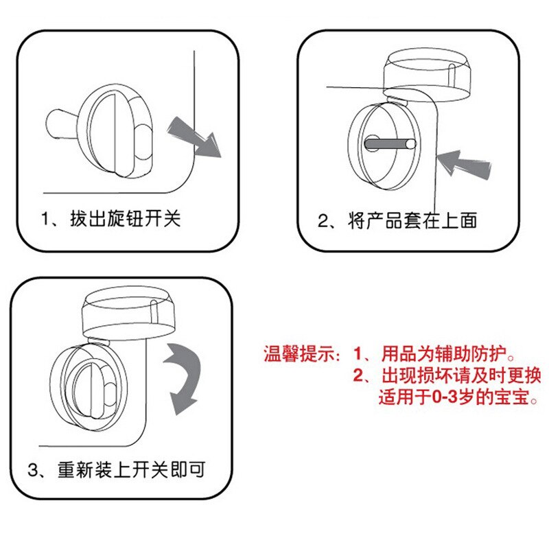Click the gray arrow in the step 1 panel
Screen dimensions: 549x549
[195, 137]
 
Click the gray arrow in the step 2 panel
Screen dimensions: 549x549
[465, 165]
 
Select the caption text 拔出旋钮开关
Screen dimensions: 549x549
[126, 219]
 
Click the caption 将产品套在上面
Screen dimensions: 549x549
[412, 220]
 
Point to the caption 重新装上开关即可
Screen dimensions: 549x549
[131, 470]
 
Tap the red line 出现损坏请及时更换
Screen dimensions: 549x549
[461, 375]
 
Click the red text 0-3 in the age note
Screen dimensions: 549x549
[445, 397]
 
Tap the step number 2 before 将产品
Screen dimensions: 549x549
[323, 221]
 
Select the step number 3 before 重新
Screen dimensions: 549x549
[32, 470]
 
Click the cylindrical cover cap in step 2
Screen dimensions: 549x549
[427, 74]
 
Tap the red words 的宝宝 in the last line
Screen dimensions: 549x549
[504, 397]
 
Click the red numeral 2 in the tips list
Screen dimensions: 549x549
[358, 375]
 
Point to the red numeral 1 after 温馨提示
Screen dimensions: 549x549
[358, 353]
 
